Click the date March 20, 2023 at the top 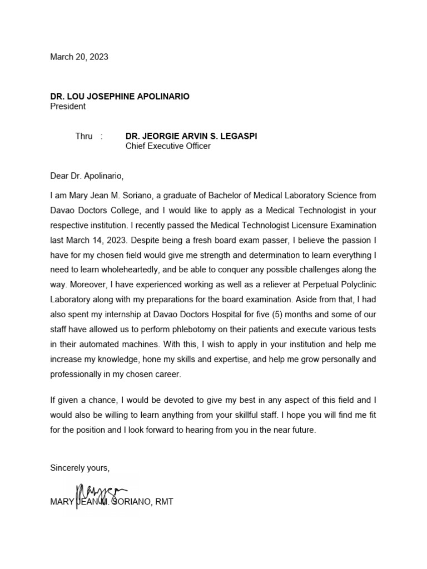[79, 57]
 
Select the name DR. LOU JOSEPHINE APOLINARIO [120, 97]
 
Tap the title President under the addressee [68, 106]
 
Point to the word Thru [84, 136]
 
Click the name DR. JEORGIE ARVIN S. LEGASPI [191, 136]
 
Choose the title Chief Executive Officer [168, 146]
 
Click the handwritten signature [101, 492]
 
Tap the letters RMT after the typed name [165, 502]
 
